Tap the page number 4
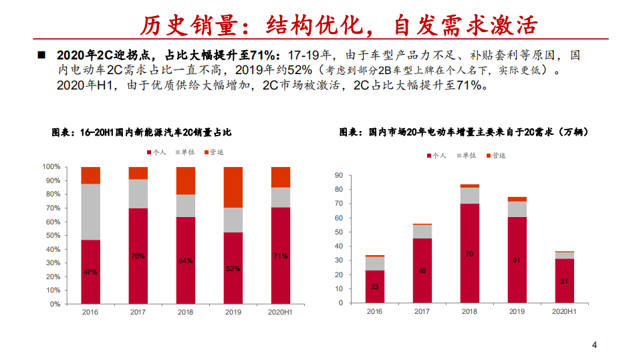tap(594, 345)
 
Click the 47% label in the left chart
tap(91, 272)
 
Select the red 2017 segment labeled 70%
tap(138, 256)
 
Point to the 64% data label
tap(186, 260)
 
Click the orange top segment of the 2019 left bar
tap(233, 187)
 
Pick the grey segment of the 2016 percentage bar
tap(91, 212)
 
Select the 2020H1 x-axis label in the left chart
tap(281, 313)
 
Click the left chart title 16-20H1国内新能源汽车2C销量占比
tap(142, 132)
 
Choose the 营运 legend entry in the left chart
tap(214, 152)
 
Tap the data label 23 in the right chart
tap(374, 287)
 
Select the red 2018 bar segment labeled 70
tap(469, 254)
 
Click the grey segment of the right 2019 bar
tap(517, 208)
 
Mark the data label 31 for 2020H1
tap(564, 281)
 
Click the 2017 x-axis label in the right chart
tap(422, 312)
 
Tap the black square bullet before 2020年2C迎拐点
tap(41, 54)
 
